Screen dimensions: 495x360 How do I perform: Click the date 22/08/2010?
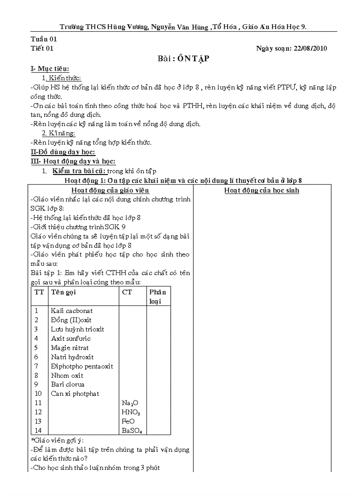310,49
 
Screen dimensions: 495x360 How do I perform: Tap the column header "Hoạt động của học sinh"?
262,190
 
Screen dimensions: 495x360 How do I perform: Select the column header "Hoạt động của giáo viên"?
110,190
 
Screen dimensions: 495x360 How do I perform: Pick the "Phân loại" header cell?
157,297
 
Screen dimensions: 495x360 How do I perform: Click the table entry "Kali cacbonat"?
72,311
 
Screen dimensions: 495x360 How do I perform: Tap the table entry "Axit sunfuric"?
71,339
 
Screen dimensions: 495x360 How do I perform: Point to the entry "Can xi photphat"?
75,394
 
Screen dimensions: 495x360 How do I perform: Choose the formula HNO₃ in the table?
131,412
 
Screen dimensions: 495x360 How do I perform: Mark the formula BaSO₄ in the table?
131,431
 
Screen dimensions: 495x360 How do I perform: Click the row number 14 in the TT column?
38,431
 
